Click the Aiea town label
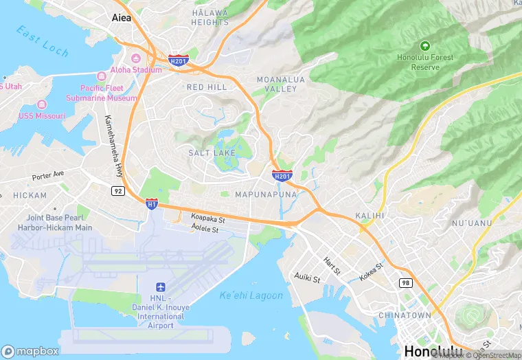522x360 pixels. pyautogui.click(x=126, y=19)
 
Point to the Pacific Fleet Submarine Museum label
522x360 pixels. pyautogui.click(x=102, y=93)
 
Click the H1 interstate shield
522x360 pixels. pyautogui.click(x=152, y=203)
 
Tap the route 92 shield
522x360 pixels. pyautogui.click(x=117, y=190)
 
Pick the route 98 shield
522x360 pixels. pyautogui.click(x=406, y=282)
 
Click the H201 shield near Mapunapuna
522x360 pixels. pyautogui.click(x=282, y=176)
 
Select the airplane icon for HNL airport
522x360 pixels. pyautogui.click(x=161, y=286)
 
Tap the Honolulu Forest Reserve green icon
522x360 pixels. pyautogui.click(x=425, y=46)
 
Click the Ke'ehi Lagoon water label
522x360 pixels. pyautogui.click(x=251, y=295)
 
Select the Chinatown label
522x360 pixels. pyautogui.click(x=405, y=315)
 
